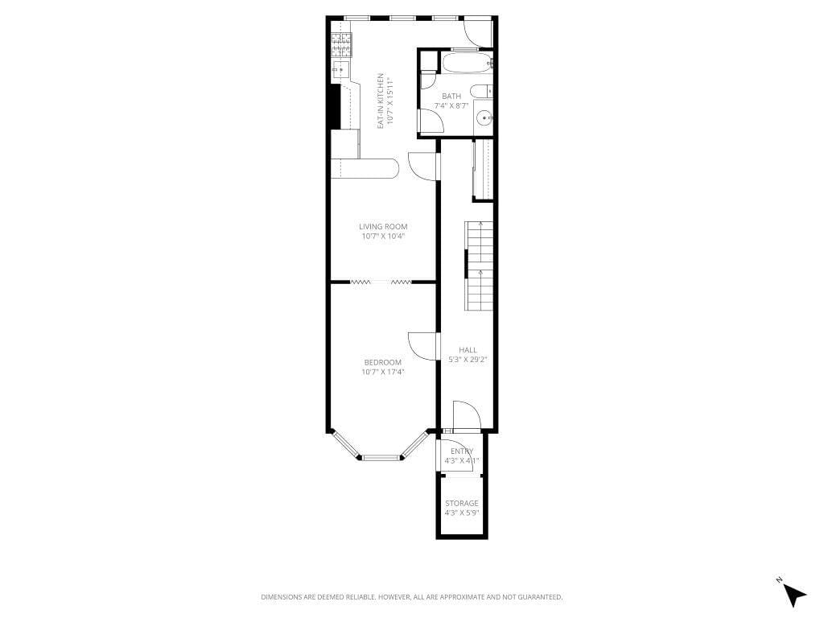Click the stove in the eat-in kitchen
(x=342, y=43)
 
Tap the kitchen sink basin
(x=339, y=70)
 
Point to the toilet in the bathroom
(x=480, y=91)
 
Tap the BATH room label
(x=451, y=97)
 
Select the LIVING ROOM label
(x=383, y=227)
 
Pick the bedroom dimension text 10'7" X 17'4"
(x=383, y=372)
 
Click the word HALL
(x=468, y=350)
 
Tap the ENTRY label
(x=462, y=451)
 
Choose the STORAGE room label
(x=462, y=504)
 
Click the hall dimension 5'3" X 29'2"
(x=468, y=360)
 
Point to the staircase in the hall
(x=480, y=266)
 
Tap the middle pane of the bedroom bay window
(x=382, y=458)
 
